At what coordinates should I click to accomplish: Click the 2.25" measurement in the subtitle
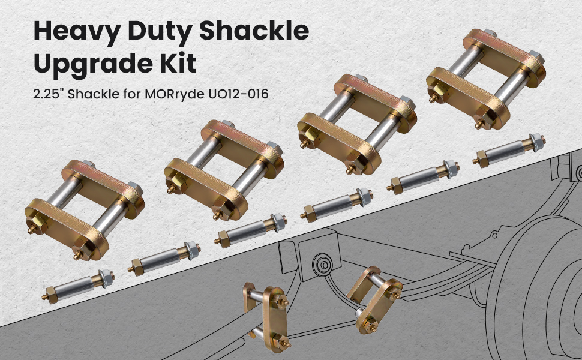tap(48, 94)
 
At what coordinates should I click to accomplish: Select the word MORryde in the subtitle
tap(174, 94)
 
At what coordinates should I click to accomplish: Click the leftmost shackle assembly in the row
tap(84, 210)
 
